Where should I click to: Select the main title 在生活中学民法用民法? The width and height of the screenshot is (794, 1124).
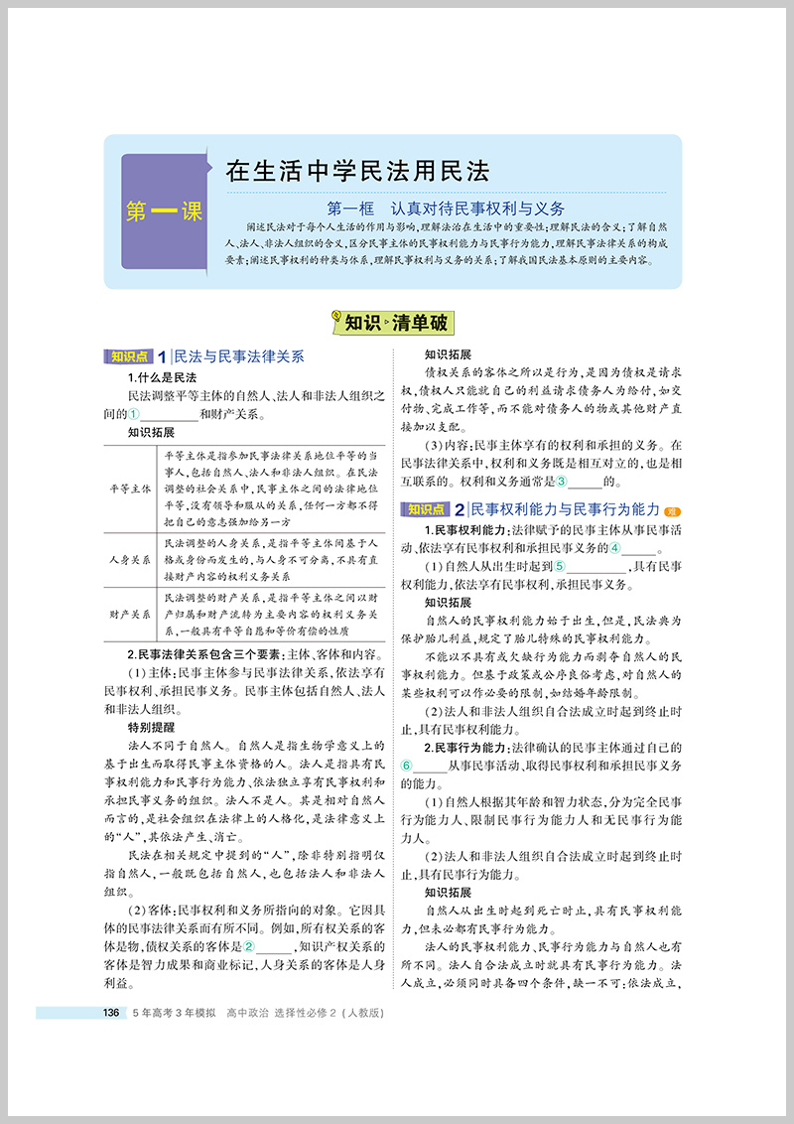point(357,170)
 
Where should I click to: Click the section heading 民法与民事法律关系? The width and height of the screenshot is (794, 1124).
point(238,356)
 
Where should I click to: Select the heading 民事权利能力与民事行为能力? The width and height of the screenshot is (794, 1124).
point(565,509)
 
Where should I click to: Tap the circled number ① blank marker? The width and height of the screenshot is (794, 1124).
point(135,414)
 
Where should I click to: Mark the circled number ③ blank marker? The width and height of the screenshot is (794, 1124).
point(561,482)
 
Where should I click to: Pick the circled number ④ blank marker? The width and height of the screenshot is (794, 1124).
point(615,547)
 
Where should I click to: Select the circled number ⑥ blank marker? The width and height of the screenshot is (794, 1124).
point(406,765)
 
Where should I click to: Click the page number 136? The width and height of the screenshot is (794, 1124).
point(111,1013)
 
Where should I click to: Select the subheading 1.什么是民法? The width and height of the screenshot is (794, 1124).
point(163,378)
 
